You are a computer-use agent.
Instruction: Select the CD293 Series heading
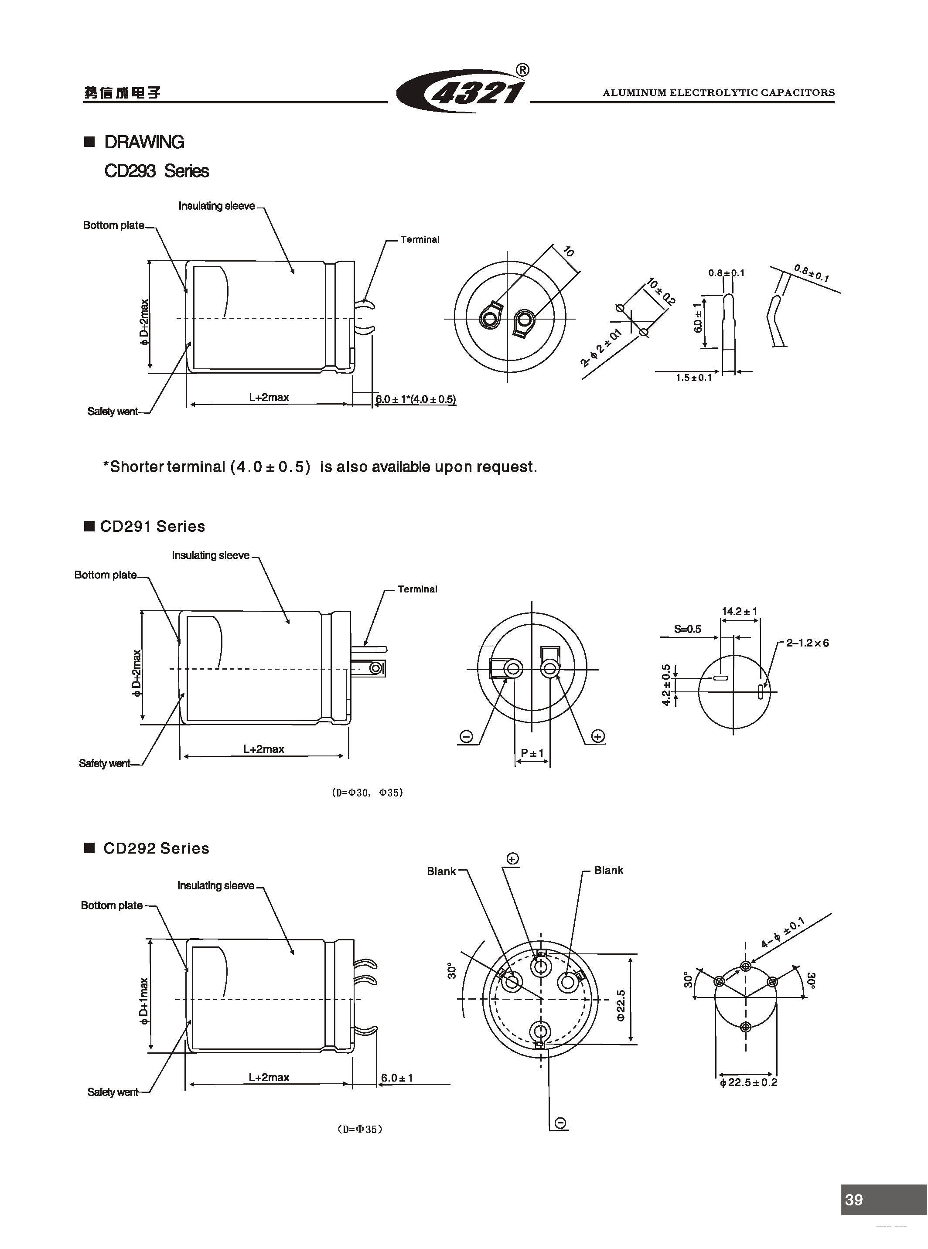click(157, 171)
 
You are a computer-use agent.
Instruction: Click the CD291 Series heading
click(152, 526)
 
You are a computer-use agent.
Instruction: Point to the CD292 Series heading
click(156, 848)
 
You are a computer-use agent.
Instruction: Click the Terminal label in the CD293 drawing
click(420, 239)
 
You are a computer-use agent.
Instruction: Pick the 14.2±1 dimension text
click(739, 611)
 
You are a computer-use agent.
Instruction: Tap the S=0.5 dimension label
click(688, 629)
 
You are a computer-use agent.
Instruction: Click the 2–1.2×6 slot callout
click(807, 643)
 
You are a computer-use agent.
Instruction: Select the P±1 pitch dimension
click(532, 752)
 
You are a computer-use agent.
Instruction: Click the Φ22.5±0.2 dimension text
click(748, 1082)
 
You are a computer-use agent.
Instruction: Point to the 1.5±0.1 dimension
click(694, 378)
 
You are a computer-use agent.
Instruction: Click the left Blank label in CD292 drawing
click(441, 871)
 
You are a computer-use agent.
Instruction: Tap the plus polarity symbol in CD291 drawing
click(598, 736)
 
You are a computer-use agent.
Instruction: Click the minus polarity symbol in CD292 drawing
click(560, 1123)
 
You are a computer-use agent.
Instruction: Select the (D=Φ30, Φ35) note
click(367, 793)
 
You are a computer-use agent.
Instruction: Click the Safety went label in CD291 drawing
click(105, 763)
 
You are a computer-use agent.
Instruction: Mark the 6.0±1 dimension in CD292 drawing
click(396, 1078)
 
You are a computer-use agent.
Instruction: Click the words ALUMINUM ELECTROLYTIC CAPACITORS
click(719, 93)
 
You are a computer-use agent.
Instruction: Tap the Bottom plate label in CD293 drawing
click(113, 225)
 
